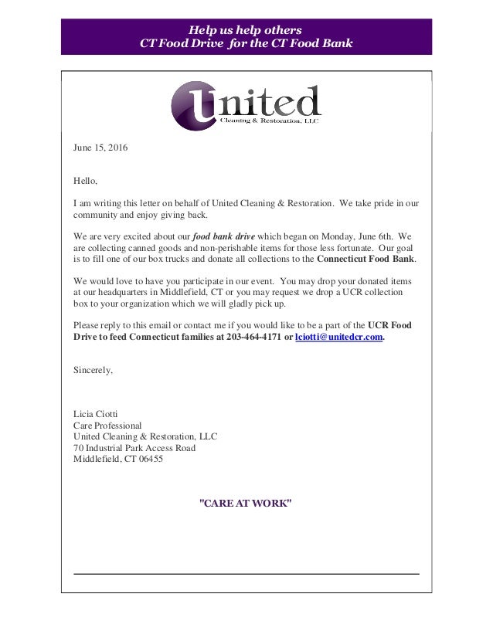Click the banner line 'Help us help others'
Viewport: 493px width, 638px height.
tap(246, 26)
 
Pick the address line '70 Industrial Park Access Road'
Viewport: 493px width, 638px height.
tap(134, 448)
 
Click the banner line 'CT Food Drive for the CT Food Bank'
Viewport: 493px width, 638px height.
tap(246, 42)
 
